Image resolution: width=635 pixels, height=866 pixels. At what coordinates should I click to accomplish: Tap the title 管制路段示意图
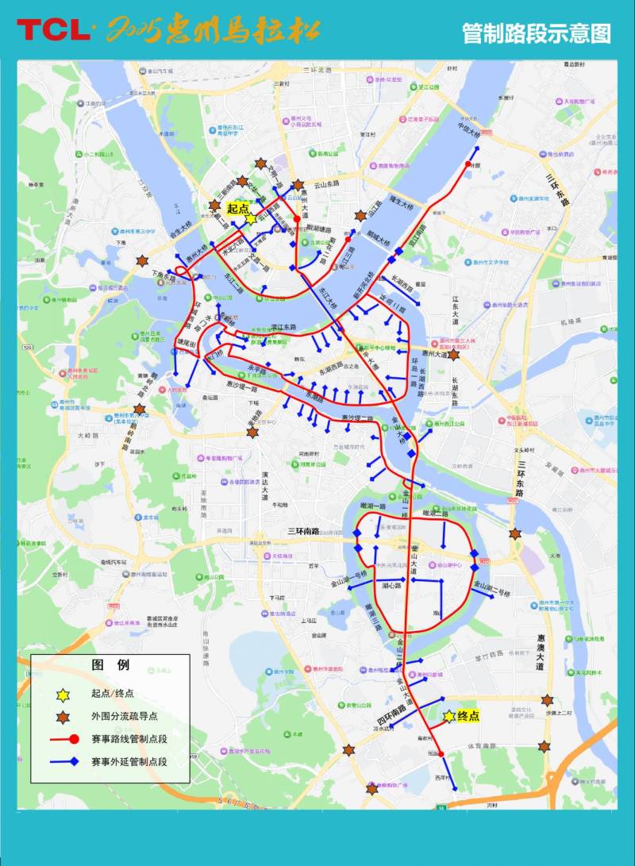537,33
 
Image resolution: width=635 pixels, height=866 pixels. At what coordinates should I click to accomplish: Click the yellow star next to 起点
252,219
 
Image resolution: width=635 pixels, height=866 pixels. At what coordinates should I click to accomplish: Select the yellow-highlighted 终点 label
469,716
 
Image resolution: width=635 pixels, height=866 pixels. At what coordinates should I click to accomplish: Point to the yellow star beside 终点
449,716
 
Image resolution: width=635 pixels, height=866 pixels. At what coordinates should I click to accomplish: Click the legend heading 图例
110,665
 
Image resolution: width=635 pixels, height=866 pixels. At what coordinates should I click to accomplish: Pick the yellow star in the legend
63,695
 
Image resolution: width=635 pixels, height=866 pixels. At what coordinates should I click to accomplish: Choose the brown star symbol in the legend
63,717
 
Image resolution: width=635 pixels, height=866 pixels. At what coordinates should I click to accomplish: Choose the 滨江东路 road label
283,327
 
